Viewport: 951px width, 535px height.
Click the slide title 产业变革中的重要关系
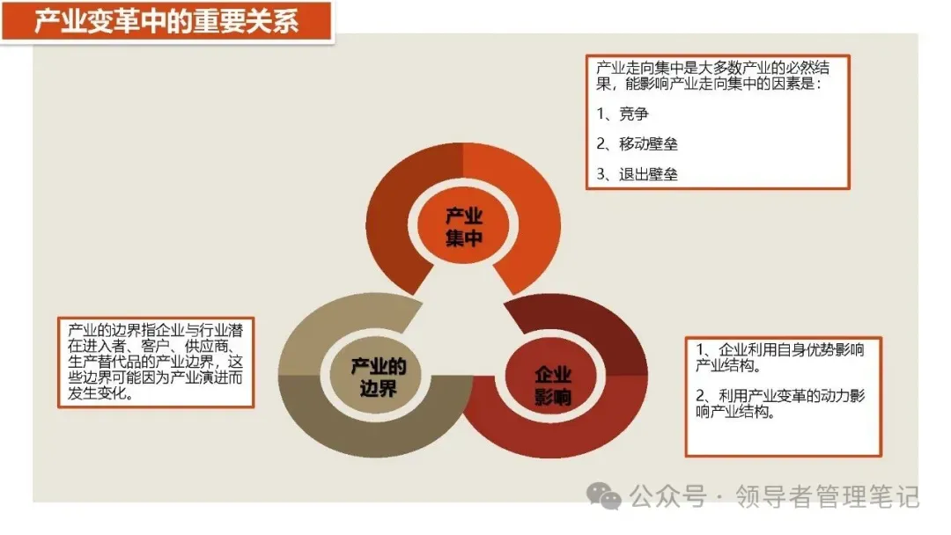[166, 21]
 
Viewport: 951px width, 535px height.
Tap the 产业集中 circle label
[464, 227]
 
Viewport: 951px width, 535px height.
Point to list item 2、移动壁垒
[637, 143]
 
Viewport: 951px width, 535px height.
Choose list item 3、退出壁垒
[637, 173]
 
